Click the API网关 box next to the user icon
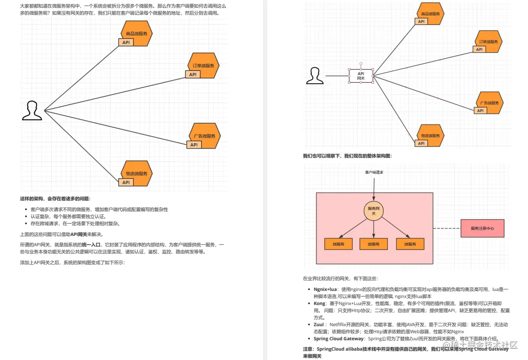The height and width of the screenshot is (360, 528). click(x=361, y=76)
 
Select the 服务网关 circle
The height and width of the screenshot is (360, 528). click(x=373, y=211)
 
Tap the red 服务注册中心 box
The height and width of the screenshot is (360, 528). click(x=482, y=228)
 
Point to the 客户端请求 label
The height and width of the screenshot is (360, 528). click(x=374, y=172)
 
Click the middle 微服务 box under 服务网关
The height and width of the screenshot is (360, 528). click(x=373, y=244)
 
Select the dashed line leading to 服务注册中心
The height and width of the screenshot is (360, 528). click(x=447, y=228)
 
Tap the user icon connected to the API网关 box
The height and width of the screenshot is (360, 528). click(x=315, y=76)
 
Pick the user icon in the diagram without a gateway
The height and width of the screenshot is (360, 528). click(x=32, y=111)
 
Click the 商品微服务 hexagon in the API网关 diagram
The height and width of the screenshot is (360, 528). click(x=430, y=14)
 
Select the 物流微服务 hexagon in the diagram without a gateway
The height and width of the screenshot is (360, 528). click(x=137, y=173)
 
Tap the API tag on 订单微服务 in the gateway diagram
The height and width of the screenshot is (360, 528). click(x=479, y=49)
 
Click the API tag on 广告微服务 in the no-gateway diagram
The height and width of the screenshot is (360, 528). click(x=194, y=145)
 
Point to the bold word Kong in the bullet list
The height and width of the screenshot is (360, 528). click(x=319, y=304)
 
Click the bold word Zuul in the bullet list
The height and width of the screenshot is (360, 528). click(x=319, y=324)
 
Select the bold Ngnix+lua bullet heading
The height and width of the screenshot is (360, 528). click(x=325, y=290)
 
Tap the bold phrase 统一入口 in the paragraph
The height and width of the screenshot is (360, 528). click(x=92, y=245)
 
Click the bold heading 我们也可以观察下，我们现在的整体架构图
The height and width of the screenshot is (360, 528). click(x=347, y=156)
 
